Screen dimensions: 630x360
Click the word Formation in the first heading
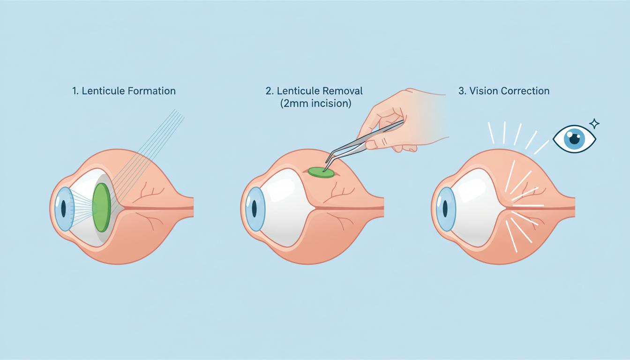(x=151, y=91)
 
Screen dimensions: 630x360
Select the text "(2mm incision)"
(x=315, y=104)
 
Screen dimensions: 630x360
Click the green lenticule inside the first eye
(x=102, y=207)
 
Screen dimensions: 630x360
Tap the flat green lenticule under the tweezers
(x=321, y=172)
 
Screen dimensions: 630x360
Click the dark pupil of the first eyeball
(x=64, y=209)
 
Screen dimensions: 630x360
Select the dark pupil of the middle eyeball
(x=254, y=209)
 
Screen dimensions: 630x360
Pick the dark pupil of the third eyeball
(x=445, y=209)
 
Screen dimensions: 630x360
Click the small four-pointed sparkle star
(x=594, y=124)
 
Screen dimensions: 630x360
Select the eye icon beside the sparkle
(x=574, y=139)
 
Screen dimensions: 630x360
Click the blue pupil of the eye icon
(x=575, y=138)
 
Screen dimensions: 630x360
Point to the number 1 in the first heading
(x=75, y=91)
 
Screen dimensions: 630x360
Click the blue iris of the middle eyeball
(x=255, y=209)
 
